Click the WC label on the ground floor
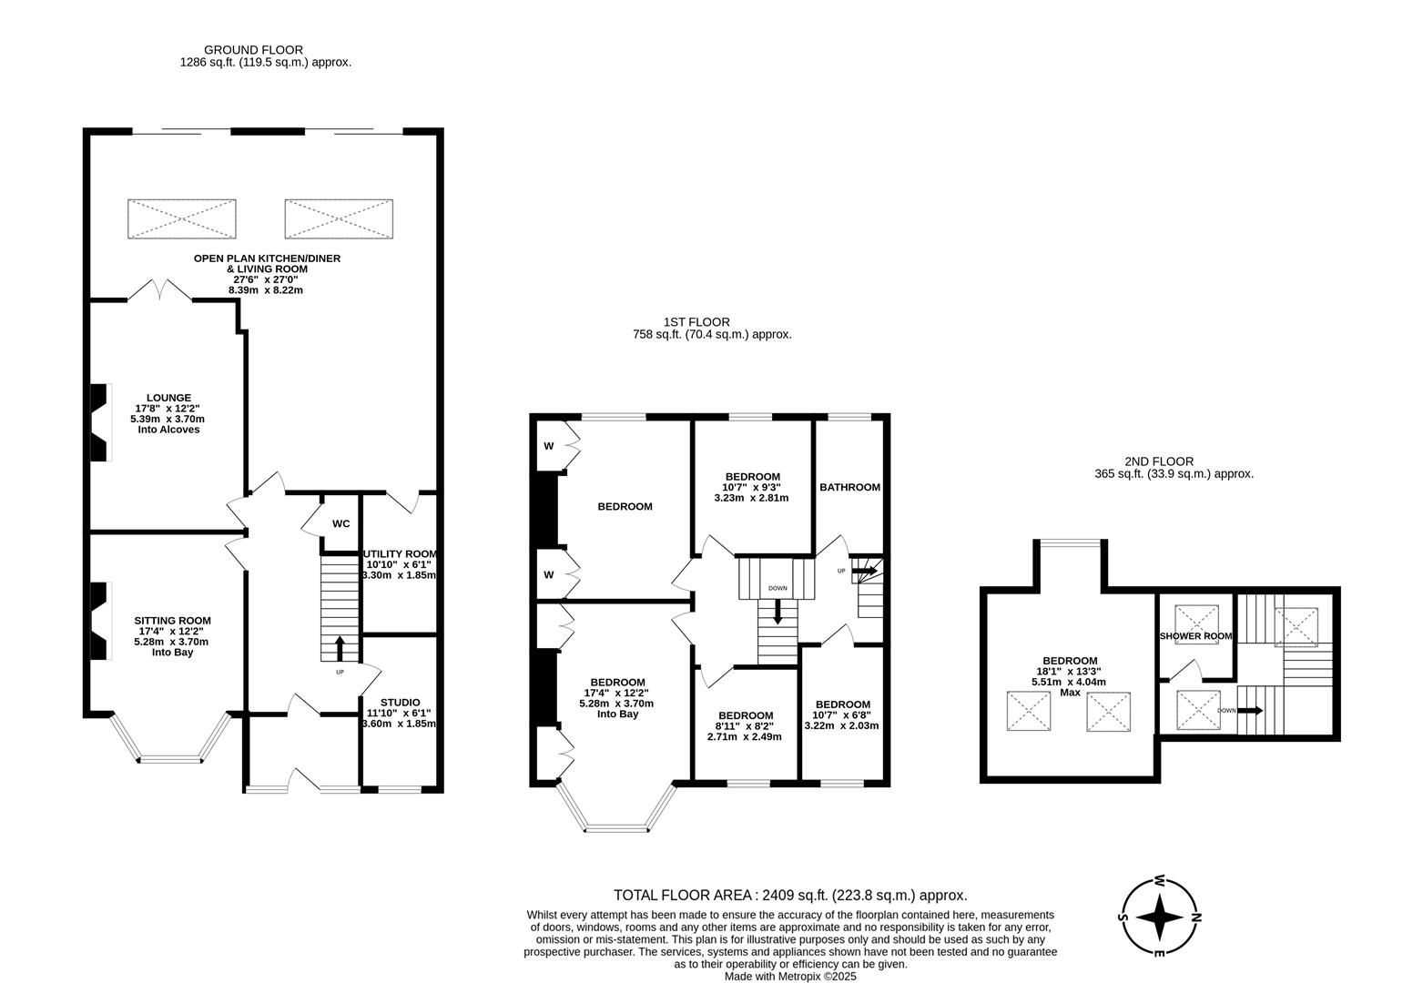341,523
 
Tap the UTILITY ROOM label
400,553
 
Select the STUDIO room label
400,702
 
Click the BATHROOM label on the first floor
849,487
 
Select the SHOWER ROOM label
1195,636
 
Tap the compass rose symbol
1159,917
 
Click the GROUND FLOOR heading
253,50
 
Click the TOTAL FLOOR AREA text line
790,896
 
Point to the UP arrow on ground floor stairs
341,647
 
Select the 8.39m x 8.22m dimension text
266,290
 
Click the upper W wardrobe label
549,446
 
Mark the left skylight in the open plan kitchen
181,219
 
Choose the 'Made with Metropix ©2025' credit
790,976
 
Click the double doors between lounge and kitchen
159,291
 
